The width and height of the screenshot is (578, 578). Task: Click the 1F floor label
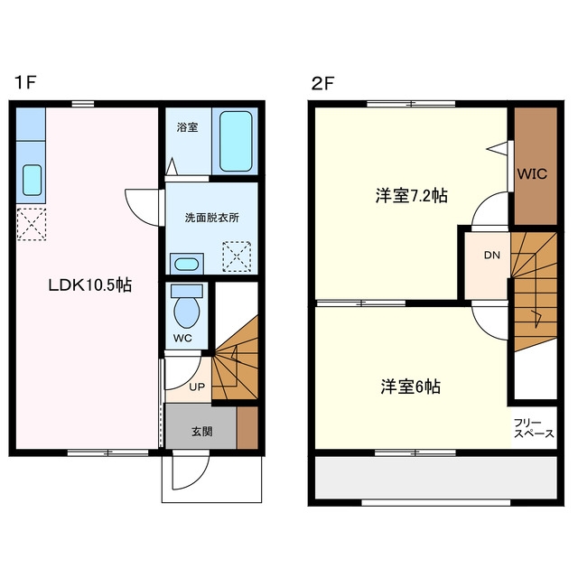(x=24, y=82)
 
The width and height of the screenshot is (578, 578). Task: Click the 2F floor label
(x=322, y=84)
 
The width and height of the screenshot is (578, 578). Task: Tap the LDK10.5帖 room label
(x=90, y=285)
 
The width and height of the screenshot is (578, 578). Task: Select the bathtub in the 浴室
(x=236, y=142)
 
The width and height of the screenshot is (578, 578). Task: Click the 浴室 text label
(x=187, y=127)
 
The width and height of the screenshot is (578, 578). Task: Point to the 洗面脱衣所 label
(x=212, y=218)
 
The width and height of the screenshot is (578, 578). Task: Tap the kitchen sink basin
(x=33, y=180)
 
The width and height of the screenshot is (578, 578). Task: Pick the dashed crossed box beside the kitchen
(x=32, y=224)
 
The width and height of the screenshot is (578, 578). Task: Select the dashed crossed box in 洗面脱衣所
(x=237, y=256)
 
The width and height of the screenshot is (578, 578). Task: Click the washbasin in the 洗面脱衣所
(x=187, y=264)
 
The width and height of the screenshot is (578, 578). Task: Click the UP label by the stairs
(x=197, y=387)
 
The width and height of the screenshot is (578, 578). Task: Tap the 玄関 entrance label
(x=202, y=432)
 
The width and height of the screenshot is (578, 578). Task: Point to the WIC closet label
(x=532, y=173)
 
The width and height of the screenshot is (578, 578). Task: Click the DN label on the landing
(x=492, y=255)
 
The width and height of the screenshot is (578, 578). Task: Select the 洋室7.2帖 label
(x=412, y=196)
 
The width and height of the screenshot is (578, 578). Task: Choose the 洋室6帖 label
(x=411, y=387)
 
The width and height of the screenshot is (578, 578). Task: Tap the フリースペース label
(x=534, y=428)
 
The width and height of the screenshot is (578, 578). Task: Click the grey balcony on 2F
(x=436, y=478)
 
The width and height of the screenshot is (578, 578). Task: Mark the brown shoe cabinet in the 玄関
(x=247, y=427)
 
